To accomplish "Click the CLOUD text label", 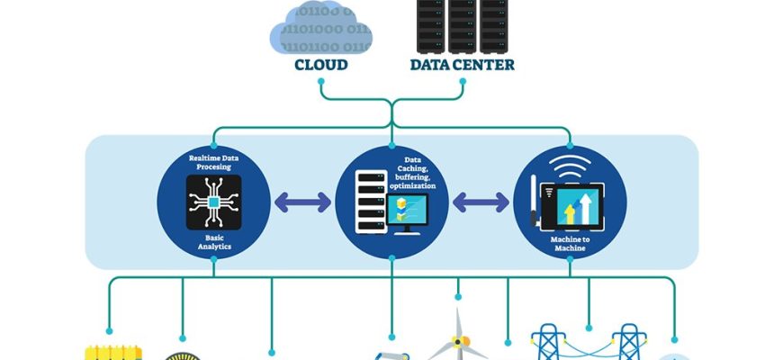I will pyautogui.click(x=320, y=65).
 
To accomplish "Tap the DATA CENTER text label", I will pyautogui.click(x=463, y=65).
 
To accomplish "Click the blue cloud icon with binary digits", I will pyautogui.click(x=320, y=30).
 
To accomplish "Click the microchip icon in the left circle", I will pyautogui.click(x=214, y=202).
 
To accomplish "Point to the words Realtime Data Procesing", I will pyautogui.click(x=214, y=163).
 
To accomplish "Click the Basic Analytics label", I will pyautogui.click(x=214, y=240).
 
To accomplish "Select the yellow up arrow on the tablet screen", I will pyautogui.click(x=569, y=214).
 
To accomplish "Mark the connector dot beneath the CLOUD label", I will pyautogui.click(x=320, y=81).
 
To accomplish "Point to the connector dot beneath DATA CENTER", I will pyautogui.click(x=463, y=81).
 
